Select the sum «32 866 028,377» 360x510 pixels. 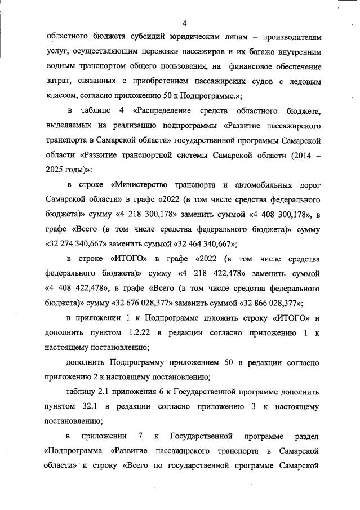pyautogui.click(x=271, y=302)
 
